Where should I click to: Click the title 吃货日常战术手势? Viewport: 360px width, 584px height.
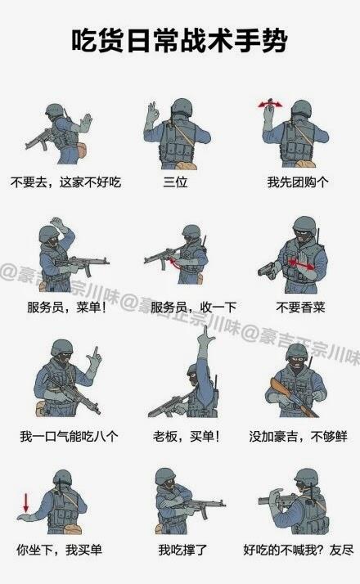tap(179, 40)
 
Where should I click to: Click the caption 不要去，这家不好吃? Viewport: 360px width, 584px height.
tap(65, 182)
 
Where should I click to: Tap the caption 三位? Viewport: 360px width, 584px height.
tap(175, 182)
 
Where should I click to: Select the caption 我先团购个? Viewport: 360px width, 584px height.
tap(298, 182)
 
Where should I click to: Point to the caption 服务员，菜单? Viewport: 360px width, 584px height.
tap(67, 308)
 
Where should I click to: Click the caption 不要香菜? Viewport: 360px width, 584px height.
tap(300, 308)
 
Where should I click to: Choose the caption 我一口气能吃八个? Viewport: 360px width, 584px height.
tap(69, 436)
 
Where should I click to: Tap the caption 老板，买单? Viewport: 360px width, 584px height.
tap(186, 436)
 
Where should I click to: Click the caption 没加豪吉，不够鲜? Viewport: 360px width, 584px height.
tap(298, 436)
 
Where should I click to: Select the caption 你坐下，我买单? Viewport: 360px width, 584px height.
tap(59, 550)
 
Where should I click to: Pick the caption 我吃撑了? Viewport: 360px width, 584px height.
tap(182, 550)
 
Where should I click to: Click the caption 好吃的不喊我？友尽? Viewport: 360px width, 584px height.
tap(299, 550)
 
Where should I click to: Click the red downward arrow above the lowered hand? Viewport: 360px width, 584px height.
tap(25, 502)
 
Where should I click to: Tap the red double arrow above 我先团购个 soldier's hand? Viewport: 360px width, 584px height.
tap(271, 105)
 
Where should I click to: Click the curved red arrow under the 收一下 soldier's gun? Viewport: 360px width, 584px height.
tap(174, 263)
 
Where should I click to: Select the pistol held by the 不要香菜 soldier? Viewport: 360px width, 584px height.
tap(268, 268)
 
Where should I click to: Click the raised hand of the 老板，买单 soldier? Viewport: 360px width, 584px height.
tap(205, 339)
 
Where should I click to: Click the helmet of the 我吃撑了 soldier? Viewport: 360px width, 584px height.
tap(165, 476)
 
